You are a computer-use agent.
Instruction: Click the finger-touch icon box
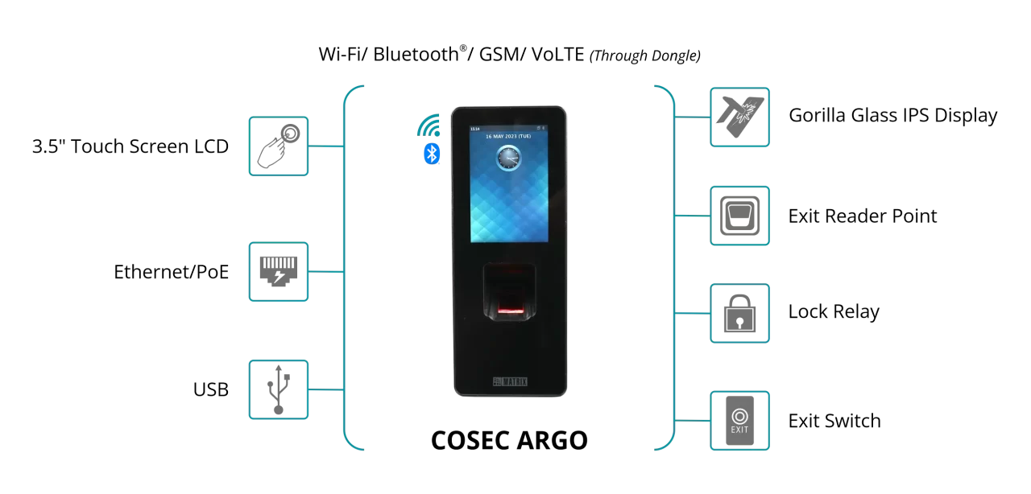[x=278, y=146]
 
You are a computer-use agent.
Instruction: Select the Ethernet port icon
[x=278, y=272]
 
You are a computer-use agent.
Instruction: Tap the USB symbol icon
[x=278, y=389]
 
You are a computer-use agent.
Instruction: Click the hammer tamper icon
[x=739, y=117]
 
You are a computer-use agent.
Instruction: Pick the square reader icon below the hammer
[x=739, y=216]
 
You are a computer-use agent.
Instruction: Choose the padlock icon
[x=739, y=314]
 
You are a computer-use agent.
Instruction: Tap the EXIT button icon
[x=739, y=421]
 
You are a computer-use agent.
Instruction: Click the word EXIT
[x=739, y=430]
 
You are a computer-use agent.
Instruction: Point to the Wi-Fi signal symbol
[x=429, y=126]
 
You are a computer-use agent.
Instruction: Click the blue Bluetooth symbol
[x=432, y=154]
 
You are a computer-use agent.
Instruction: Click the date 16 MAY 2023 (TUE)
[x=508, y=137]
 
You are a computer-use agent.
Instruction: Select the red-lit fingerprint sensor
[x=509, y=307]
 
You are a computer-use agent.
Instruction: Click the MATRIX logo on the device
[x=509, y=381]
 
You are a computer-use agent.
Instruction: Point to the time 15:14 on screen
[x=475, y=129]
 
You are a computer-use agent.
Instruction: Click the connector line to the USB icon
[x=326, y=389]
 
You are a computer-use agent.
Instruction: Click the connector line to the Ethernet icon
[x=326, y=272]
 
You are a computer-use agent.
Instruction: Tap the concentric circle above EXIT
[x=739, y=416]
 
